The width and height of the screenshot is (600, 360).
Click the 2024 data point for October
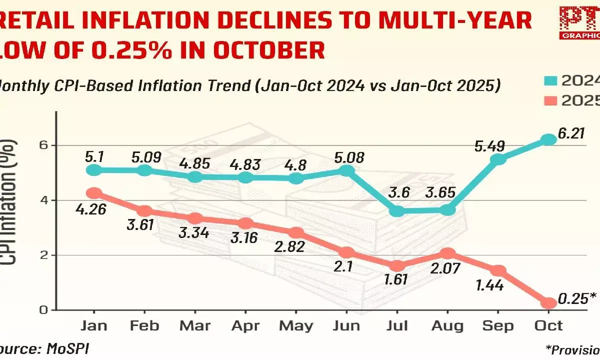click(549, 139)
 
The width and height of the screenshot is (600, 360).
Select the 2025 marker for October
click(549, 303)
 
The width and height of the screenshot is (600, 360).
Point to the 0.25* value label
click(577, 298)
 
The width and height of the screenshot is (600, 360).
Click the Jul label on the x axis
click(397, 326)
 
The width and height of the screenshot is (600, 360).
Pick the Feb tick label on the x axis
click(144, 326)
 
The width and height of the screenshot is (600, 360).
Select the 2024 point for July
click(397, 211)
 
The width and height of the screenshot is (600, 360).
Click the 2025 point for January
click(94, 193)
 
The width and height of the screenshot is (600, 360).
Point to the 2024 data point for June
click(347, 170)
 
